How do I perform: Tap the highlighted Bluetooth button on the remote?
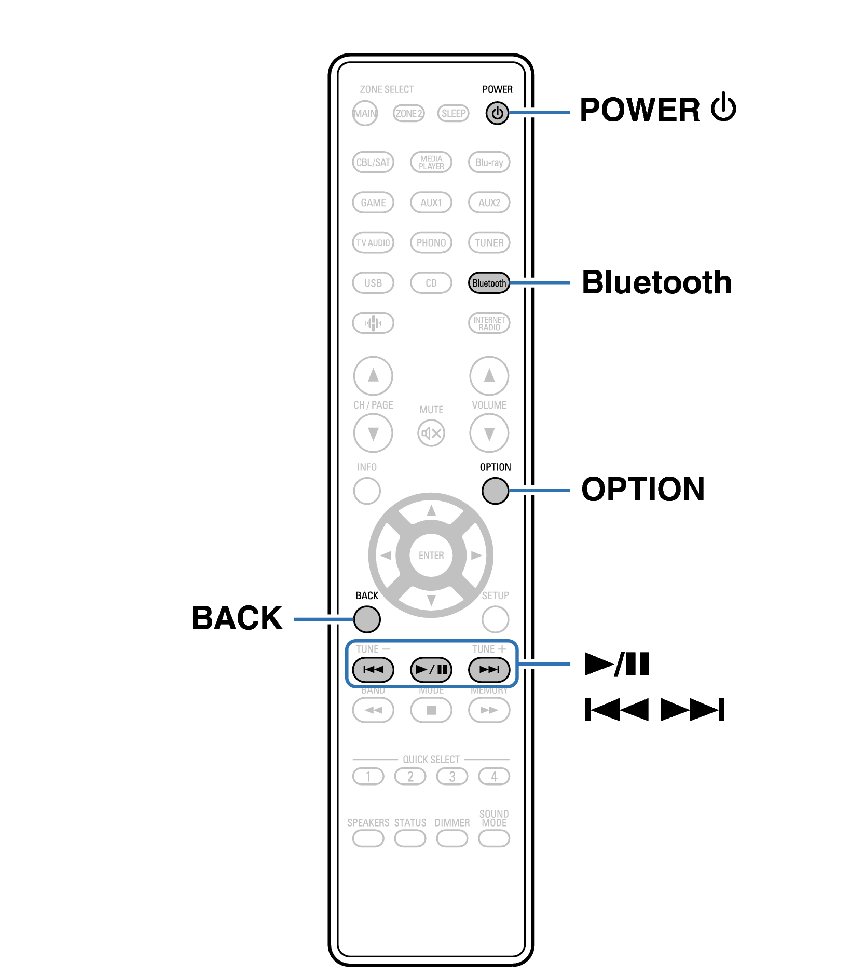click(x=488, y=283)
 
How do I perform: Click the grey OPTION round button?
click(x=495, y=491)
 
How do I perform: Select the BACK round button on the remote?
click(x=367, y=619)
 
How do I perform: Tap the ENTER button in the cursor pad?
click(x=431, y=555)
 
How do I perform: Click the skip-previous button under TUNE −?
click(x=373, y=669)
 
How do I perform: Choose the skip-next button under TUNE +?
click(x=489, y=669)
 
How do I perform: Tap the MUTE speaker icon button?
click(x=431, y=433)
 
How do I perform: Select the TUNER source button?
click(x=489, y=242)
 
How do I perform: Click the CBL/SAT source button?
click(x=373, y=162)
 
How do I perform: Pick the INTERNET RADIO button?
click(x=489, y=323)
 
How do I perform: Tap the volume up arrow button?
click(x=489, y=375)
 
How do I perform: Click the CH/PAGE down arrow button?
click(x=373, y=433)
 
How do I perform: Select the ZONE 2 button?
click(x=409, y=113)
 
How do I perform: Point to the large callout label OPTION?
click(x=642, y=489)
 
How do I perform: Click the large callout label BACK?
click(x=237, y=618)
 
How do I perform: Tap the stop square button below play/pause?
click(x=431, y=710)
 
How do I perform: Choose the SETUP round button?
click(x=495, y=619)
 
